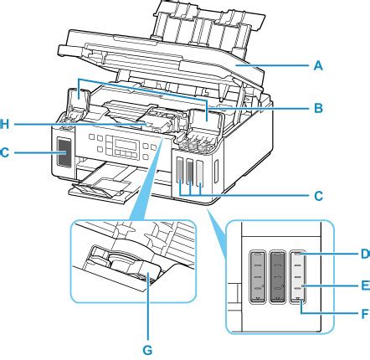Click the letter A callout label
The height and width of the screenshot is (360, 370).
pyautogui.click(x=318, y=66)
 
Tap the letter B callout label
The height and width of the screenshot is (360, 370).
pyautogui.click(x=318, y=108)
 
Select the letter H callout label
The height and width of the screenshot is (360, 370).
pyautogui.click(x=4, y=124)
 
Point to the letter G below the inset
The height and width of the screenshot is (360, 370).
pyautogui.click(x=147, y=350)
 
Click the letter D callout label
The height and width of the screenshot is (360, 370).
pyautogui.click(x=366, y=254)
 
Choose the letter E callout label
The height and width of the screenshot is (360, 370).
pyautogui.click(x=366, y=285)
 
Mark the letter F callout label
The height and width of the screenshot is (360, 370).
pyautogui.click(x=366, y=314)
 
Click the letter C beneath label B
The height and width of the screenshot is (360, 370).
pyautogui.click(x=318, y=196)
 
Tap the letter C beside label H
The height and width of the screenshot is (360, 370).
pyautogui.click(x=4, y=152)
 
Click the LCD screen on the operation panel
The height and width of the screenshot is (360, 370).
pyautogui.click(x=127, y=145)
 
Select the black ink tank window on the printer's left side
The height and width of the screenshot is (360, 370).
pyautogui.click(x=64, y=152)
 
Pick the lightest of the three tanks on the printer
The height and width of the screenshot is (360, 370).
pyautogui.click(x=200, y=173)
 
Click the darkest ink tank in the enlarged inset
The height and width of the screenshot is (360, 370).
pyautogui.click(x=277, y=276)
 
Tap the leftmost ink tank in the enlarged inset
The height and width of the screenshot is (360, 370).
pyautogui.click(x=257, y=276)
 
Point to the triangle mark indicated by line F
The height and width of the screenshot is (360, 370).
pyautogui.click(x=299, y=300)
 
